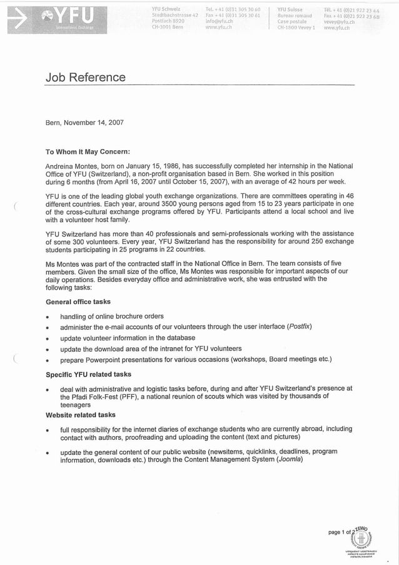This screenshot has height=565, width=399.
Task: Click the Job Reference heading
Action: (85, 78)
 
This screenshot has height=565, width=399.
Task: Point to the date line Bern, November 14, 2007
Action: (84, 123)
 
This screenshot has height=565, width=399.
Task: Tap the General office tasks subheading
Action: (78, 302)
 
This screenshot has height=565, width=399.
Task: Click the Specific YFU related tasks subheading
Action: (88, 374)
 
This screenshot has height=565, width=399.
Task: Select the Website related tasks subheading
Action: (81, 415)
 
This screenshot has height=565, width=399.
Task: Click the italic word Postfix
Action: (299, 327)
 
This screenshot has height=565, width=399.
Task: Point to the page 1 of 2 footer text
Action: (342, 532)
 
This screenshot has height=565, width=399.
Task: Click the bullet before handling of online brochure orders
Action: (48, 317)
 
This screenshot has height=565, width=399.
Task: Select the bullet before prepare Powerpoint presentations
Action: (48, 361)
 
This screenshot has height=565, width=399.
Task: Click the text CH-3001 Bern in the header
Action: (168, 28)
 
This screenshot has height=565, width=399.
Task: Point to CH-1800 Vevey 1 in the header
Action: (296, 28)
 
